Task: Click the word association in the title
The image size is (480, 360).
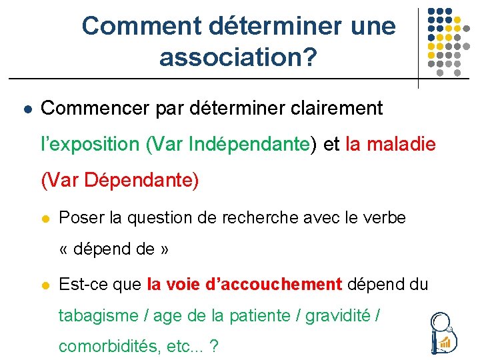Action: [x=230, y=57]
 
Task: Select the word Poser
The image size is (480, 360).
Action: [x=81, y=217]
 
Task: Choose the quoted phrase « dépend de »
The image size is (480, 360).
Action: [x=114, y=250]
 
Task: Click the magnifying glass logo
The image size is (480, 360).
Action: [x=442, y=332]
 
